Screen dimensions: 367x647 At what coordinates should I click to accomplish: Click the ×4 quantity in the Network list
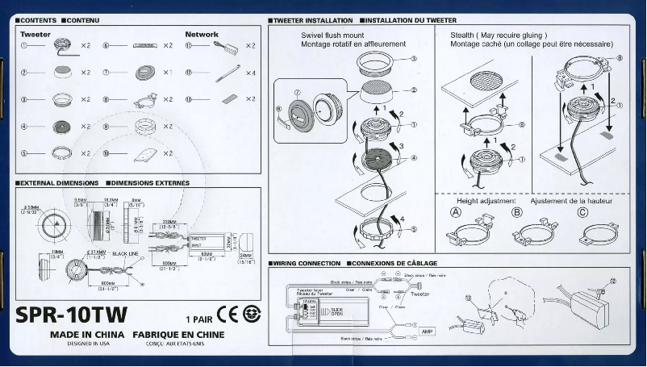249,73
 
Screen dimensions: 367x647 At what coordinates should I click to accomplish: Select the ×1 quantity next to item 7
168,73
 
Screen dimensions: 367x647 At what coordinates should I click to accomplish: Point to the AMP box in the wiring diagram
427,332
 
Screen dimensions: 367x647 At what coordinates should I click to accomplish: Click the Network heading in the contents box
202,35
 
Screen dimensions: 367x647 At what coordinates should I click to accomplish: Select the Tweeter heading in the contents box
35,35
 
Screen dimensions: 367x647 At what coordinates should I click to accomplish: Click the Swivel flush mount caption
332,35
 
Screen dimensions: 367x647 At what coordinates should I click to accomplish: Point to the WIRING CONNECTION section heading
309,264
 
